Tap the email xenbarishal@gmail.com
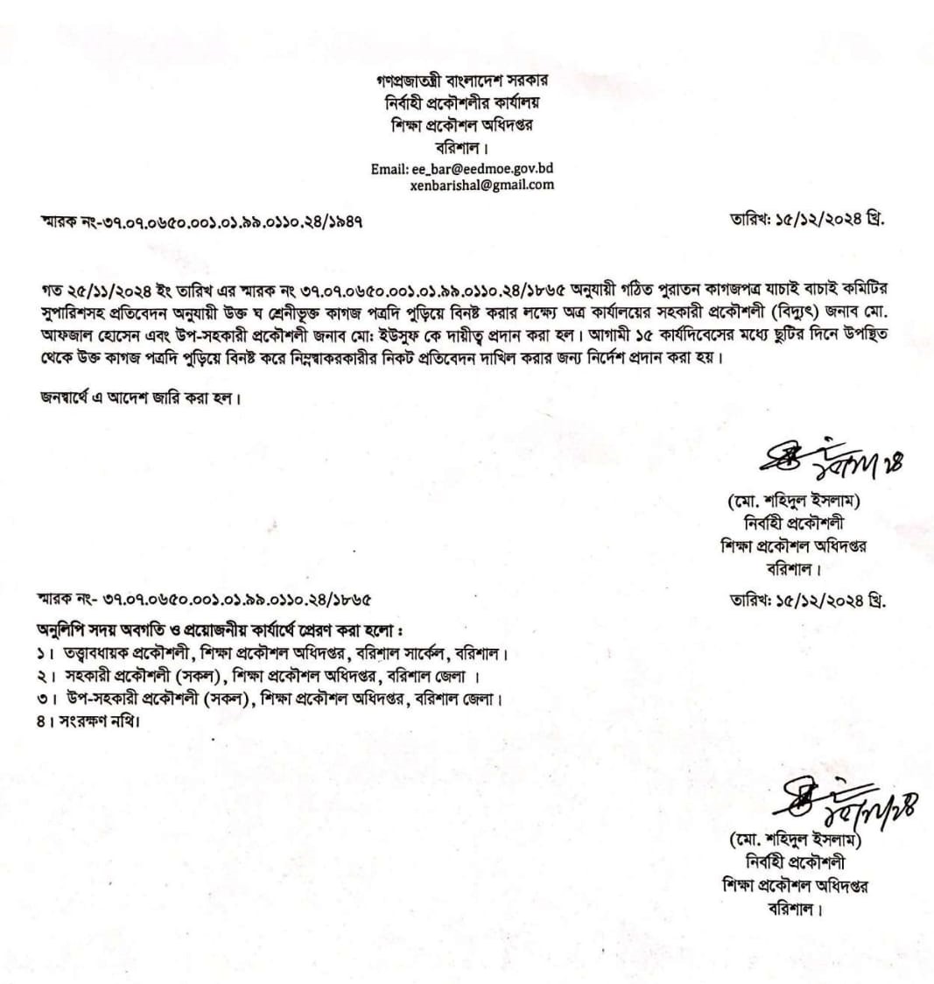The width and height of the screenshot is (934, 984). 481,185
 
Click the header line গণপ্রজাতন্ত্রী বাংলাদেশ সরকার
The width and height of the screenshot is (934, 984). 462,81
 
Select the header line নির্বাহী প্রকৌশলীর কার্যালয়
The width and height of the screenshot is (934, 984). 462,102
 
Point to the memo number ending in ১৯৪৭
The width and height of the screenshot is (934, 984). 201,221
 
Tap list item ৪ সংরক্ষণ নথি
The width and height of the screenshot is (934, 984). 88,721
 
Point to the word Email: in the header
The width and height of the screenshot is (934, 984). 388,169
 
